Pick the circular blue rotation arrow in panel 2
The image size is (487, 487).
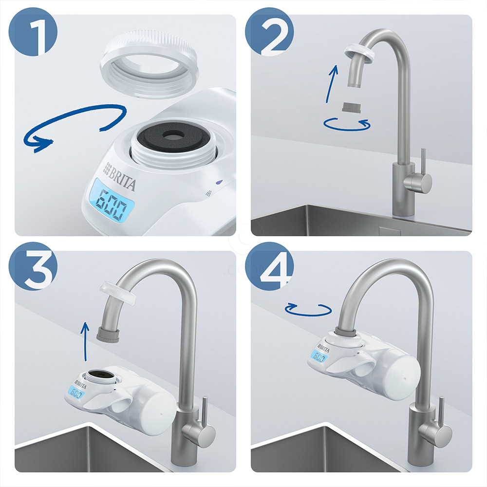347,124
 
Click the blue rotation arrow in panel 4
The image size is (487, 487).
308,309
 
